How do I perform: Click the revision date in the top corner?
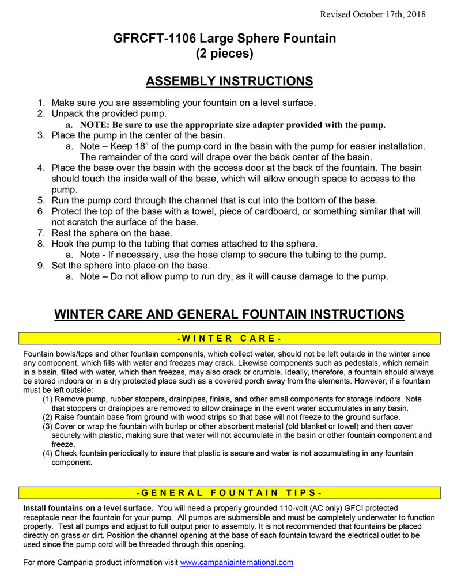pos(373,14)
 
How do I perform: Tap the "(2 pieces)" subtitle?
pos(224,54)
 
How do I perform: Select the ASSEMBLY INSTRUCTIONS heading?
pos(229,81)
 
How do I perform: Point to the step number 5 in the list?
pos(41,200)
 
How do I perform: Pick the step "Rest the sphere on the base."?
pos(112,233)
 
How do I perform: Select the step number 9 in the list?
pos(41,266)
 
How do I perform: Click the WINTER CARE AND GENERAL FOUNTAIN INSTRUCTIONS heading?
pos(229,314)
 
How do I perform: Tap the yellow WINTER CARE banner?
pos(229,338)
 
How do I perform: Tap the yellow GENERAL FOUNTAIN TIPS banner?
pos(229,493)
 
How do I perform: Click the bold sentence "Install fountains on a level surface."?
pos(88,508)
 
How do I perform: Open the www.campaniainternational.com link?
pos(237,562)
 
